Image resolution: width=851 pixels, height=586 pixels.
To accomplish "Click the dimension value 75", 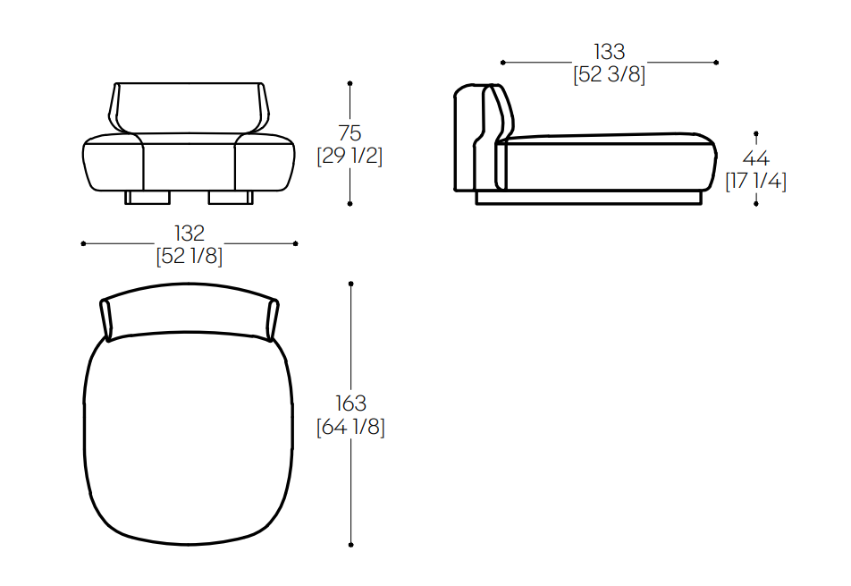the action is pos(350,133).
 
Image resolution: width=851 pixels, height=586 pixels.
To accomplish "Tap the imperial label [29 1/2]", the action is pos(350,156).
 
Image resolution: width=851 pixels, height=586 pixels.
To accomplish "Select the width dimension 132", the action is pos(189,234).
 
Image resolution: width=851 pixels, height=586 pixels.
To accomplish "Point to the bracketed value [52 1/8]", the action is pos(189,256).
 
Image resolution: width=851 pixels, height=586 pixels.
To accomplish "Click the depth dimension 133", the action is pos(609,52).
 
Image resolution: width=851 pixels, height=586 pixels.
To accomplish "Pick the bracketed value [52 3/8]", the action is pos(609,74).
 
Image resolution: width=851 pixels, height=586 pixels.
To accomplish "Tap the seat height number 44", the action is pos(756,158).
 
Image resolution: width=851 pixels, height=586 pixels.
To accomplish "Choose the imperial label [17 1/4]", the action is pos(756,181).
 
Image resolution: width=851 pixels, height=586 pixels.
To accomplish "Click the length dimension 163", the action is pos(350,403).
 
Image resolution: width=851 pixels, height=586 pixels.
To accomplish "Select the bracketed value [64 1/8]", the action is pos(350,427).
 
